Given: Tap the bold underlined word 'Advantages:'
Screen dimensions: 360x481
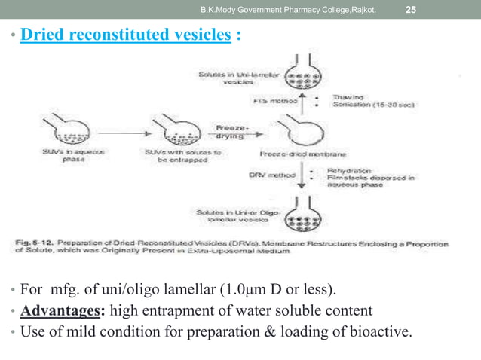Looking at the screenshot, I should [x=56, y=310].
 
